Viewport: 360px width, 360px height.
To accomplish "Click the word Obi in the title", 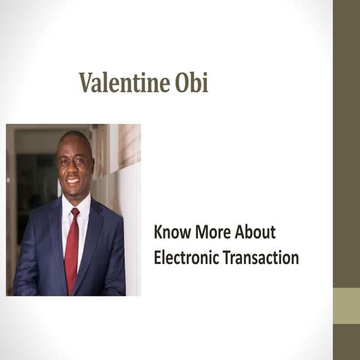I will coord(192,83).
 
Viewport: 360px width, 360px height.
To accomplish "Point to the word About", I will coord(258,233).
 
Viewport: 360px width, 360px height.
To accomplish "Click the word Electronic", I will coord(184,258).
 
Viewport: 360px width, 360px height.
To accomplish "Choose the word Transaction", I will coord(259,258).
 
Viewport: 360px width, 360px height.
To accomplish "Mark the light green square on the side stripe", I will coord(346,306).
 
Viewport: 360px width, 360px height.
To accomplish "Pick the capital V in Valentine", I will coord(85,83).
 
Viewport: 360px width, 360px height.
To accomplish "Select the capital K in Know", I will coord(158,233).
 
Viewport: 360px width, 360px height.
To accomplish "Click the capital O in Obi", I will coord(181,83).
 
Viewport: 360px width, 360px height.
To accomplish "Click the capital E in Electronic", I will coord(157,258).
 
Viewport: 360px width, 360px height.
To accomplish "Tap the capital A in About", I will coord(241,233).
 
